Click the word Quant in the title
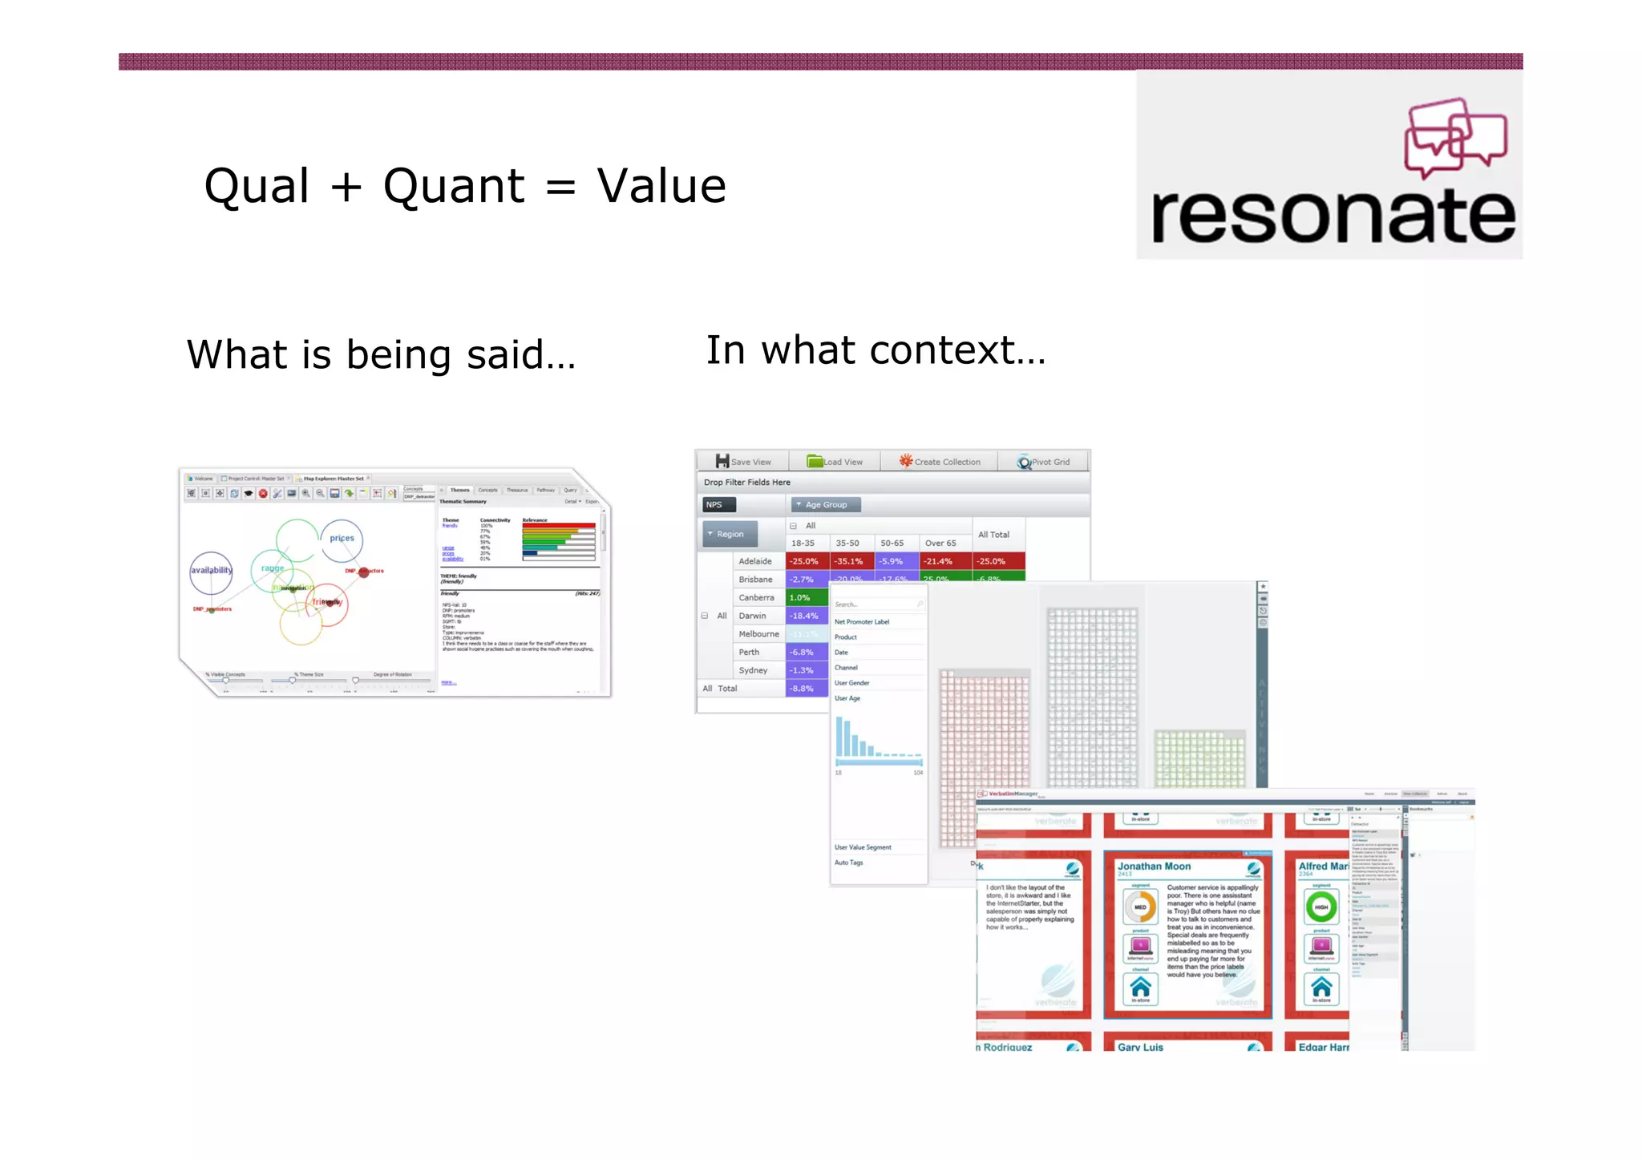(x=454, y=186)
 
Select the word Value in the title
(x=661, y=186)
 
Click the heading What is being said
(x=381, y=354)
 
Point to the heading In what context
(x=876, y=350)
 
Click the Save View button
(x=743, y=462)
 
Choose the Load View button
(x=835, y=462)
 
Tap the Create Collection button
(x=940, y=462)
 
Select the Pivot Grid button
(x=1043, y=462)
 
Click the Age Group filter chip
(x=825, y=504)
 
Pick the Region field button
(x=729, y=534)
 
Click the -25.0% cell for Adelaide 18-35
(x=805, y=561)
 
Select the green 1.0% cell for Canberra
(x=805, y=597)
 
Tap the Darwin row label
(x=752, y=616)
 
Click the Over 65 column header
(x=940, y=543)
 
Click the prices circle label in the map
(x=342, y=538)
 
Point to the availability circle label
(x=211, y=570)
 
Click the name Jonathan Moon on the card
(x=1154, y=867)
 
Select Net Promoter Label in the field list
(x=862, y=622)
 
